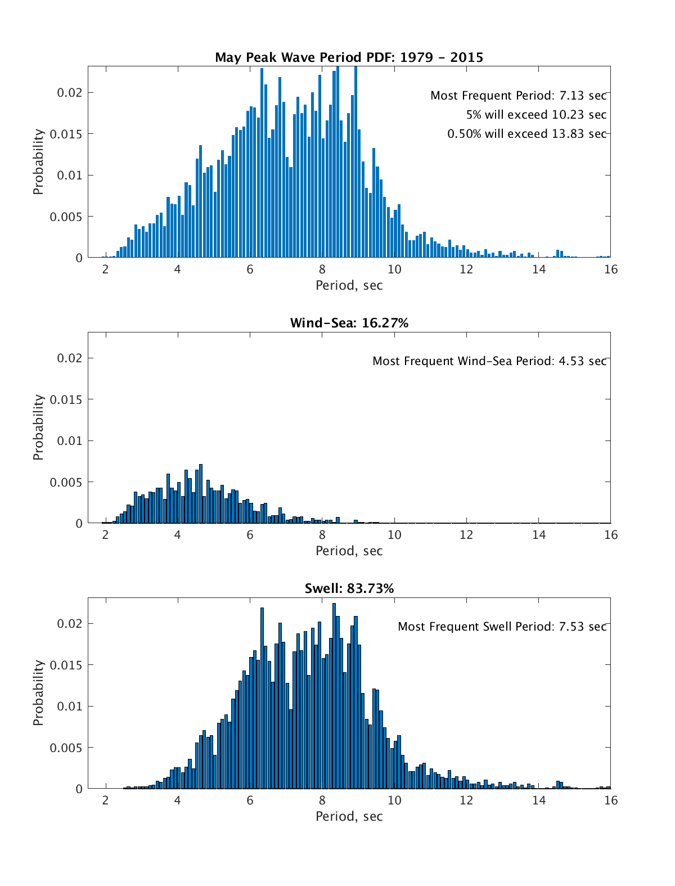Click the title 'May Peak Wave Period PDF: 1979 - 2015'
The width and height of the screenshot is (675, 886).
(349, 57)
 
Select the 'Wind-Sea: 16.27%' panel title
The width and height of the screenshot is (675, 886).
(349, 323)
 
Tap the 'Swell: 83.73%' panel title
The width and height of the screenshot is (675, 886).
(349, 588)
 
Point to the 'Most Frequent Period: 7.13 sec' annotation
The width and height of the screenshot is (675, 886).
(518, 96)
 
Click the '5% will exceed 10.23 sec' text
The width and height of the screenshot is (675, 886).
(536, 115)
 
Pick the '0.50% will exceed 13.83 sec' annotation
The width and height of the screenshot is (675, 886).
(526, 134)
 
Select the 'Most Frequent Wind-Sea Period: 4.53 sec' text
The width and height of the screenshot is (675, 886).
(489, 361)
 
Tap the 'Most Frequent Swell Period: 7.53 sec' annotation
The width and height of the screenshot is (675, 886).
(502, 627)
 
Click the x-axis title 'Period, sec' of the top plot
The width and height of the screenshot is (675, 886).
(349, 285)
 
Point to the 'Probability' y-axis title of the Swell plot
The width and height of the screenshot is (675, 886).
(38, 692)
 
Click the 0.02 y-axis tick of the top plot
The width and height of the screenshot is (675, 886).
(69, 92)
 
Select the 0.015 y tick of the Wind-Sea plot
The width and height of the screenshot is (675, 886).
(66, 399)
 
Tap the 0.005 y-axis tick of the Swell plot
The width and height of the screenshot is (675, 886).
(66, 748)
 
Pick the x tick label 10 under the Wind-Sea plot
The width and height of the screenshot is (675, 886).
(394, 534)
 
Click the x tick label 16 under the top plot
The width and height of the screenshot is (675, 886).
(610, 269)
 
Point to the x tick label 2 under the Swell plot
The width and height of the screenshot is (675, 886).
(105, 800)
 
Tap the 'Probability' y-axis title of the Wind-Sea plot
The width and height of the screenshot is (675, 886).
(38, 427)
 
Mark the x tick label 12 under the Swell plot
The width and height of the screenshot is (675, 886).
(466, 800)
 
